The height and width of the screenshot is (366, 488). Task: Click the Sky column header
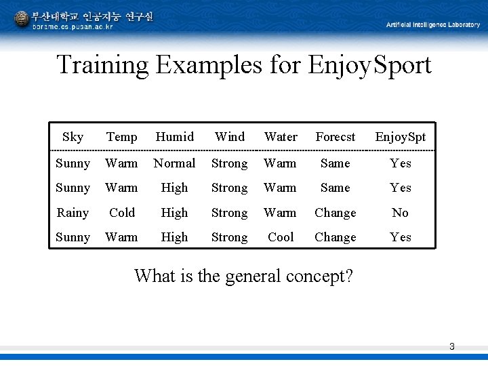(x=73, y=137)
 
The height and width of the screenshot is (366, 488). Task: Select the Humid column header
(x=174, y=137)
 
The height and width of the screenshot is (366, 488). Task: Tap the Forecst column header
(x=335, y=137)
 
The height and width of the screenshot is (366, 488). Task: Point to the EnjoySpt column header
(x=400, y=137)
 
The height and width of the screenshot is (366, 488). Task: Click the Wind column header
(x=229, y=137)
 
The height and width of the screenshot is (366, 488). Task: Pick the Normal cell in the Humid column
(x=174, y=163)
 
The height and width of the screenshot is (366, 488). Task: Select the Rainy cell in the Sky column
(x=73, y=213)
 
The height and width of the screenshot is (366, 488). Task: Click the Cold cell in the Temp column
(x=122, y=213)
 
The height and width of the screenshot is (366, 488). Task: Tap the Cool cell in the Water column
(x=281, y=237)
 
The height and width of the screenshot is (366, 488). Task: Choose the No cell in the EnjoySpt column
(x=400, y=213)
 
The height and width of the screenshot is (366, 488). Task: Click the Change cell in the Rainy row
(x=335, y=213)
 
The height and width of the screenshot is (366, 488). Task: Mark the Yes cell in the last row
(x=400, y=237)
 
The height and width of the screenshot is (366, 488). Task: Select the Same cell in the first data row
(x=335, y=163)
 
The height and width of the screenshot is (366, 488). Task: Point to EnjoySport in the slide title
(x=369, y=66)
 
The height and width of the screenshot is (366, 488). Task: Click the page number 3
(x=451, y=347)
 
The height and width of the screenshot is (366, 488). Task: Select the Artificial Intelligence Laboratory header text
(x=432, y=25)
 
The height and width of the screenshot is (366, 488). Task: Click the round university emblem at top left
(x=22, y=19)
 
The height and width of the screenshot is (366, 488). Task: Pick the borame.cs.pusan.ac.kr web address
(x=73, y=27)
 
